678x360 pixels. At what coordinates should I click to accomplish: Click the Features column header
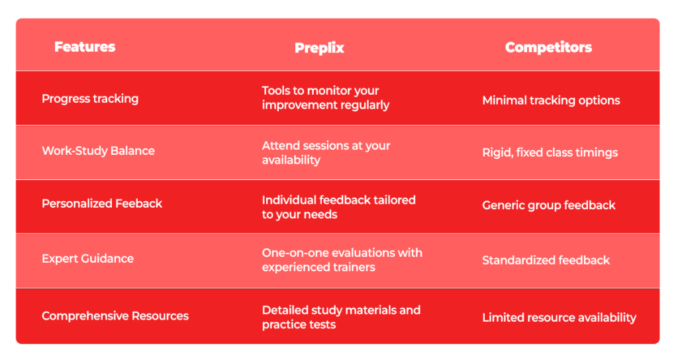[85, 47]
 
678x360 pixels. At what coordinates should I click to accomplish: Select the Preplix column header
[319, 48]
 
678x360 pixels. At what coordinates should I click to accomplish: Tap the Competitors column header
[548, 47]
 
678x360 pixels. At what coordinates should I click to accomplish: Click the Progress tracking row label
[90, 99]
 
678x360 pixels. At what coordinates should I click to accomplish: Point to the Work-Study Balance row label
[98, 151]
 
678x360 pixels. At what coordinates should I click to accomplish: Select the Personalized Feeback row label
[101, 204]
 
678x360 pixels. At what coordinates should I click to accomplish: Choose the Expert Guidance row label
[88, 259]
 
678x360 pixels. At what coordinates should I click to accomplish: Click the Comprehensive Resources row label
[115, 316]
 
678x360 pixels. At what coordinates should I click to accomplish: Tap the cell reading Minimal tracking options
[551, 101]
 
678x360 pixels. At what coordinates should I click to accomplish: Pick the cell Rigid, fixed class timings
[550, 153]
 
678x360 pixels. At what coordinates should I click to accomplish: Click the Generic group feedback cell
[549, 205]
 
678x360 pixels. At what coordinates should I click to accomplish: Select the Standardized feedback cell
[546, 260]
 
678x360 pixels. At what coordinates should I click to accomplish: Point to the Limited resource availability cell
[559, 318]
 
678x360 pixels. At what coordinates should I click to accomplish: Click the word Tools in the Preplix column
[275, 91]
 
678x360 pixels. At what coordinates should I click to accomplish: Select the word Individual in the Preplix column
[289, 200]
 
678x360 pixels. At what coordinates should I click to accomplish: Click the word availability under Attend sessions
[291, 160]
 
